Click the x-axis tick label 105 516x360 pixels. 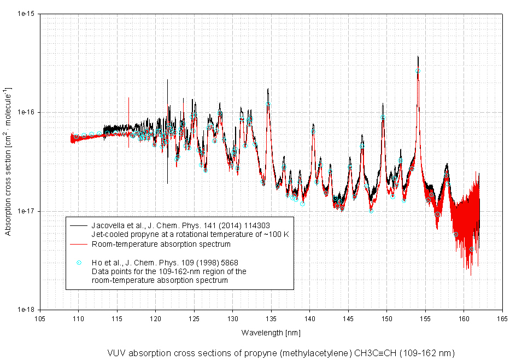click(x=40, y=318)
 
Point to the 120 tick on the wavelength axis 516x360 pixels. click(x=155, y=318)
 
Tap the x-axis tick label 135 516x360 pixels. click(x=271, y=318)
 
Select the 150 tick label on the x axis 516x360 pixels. click(x=386, y=318)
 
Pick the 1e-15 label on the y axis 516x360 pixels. click(x=27, y=14)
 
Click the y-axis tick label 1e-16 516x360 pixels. click(x=27, y=112)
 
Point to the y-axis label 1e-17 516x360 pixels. click(x=27, y=211)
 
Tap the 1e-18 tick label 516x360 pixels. click(x=27, y=310)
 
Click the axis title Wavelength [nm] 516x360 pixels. click(x=271, y=333)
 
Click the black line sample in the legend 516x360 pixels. click(x=79, y=225)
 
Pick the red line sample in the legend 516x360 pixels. click(x=79, y=244)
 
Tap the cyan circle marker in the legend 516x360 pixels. click(x=79, y=263)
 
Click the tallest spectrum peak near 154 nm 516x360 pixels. click(x=418, y=56)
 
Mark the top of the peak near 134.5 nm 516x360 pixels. click(x=268, y=89)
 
